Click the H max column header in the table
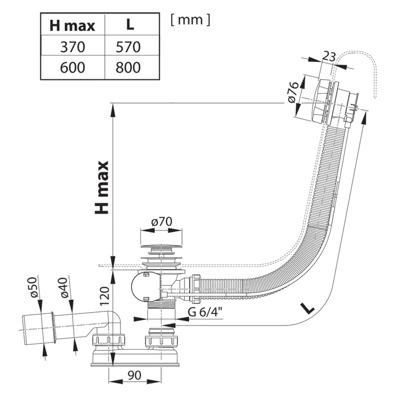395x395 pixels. point(72,26)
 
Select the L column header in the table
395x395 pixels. point(130,25)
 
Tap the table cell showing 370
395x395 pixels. point(73,47)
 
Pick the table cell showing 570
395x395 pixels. point(128,47)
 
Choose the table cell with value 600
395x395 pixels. point(73,67)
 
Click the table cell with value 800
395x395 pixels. point(128,67)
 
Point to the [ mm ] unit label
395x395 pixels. point(190,19)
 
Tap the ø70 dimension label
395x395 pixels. point(162,222)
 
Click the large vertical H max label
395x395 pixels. point(101,187)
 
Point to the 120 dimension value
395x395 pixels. point(105,296)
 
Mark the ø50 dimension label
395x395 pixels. point(34,287)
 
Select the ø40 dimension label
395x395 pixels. point(65,287)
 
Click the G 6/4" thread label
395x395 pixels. point(205,312)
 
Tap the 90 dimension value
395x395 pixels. point(135,375)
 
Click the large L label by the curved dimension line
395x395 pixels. point(307,308)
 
